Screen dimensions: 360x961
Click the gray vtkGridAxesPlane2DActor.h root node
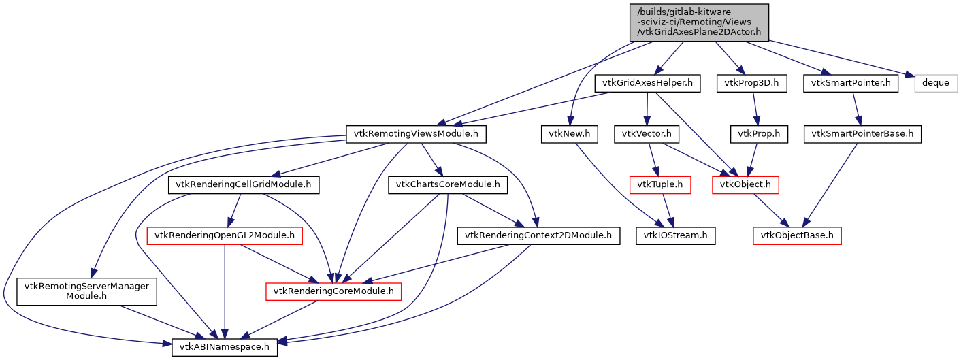click(699, 22)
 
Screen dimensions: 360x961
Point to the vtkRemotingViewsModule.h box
click(417, 134)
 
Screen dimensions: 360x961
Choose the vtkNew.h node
click(569, 134)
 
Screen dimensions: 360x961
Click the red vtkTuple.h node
click(659, 184)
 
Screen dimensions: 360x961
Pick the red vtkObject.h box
click(745, 184)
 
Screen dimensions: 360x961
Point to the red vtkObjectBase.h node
click(797, 235)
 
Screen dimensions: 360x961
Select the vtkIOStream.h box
click(672, 235)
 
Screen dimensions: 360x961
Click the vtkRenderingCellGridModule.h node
click(244, 184)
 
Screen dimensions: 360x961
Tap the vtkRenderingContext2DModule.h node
click(538, 235)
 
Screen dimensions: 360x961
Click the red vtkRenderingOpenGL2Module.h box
click(225, 235)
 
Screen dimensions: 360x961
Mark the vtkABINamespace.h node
click(224, 346)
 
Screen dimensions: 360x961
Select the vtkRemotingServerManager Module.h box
click(86, 291)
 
